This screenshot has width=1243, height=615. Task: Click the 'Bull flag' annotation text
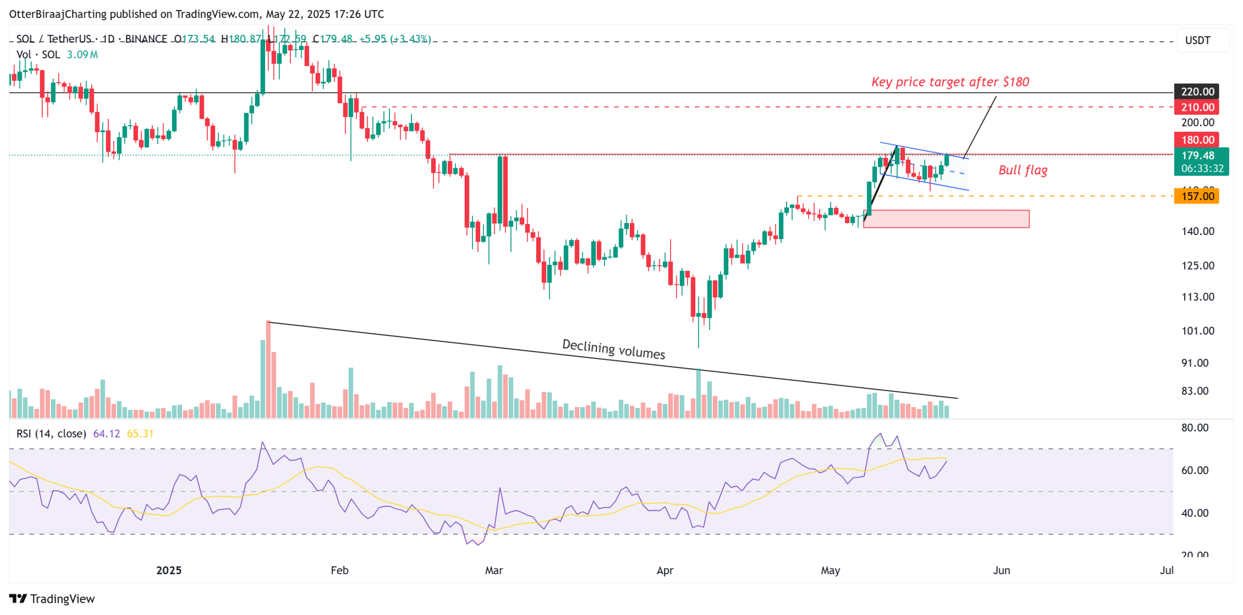point(1022,170)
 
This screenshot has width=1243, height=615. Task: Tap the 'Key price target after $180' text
point(949,82)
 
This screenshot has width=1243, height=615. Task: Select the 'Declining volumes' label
point(613,349)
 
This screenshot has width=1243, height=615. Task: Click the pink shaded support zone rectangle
point(945,219)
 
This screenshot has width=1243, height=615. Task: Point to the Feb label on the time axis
point(339,570)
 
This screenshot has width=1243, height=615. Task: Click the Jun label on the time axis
point(1001,570)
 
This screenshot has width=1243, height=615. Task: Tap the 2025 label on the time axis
point(168,570)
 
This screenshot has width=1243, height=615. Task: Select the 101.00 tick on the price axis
point(1197,331)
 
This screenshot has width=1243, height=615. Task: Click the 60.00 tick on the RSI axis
point(1194,470)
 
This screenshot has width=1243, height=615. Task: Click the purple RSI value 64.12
point(106,433)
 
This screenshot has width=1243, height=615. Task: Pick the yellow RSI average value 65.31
point(140,433)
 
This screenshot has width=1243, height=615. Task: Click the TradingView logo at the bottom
point(52,598)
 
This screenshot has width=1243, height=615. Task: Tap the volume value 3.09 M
point(82,54)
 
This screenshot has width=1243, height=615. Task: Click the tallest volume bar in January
point(268,369)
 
